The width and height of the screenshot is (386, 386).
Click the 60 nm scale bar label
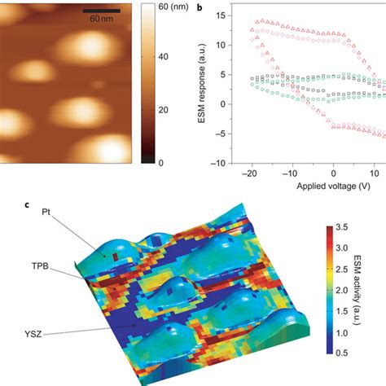pos(102,17)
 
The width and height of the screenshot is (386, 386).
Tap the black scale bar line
pos(102,10)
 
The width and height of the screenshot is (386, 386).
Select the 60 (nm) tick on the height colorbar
pos(173,7)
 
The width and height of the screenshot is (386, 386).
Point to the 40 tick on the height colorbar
pos(164,57)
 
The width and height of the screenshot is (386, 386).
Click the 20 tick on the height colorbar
pos(164,110)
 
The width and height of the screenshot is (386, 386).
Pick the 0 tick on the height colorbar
pos(161,162)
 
